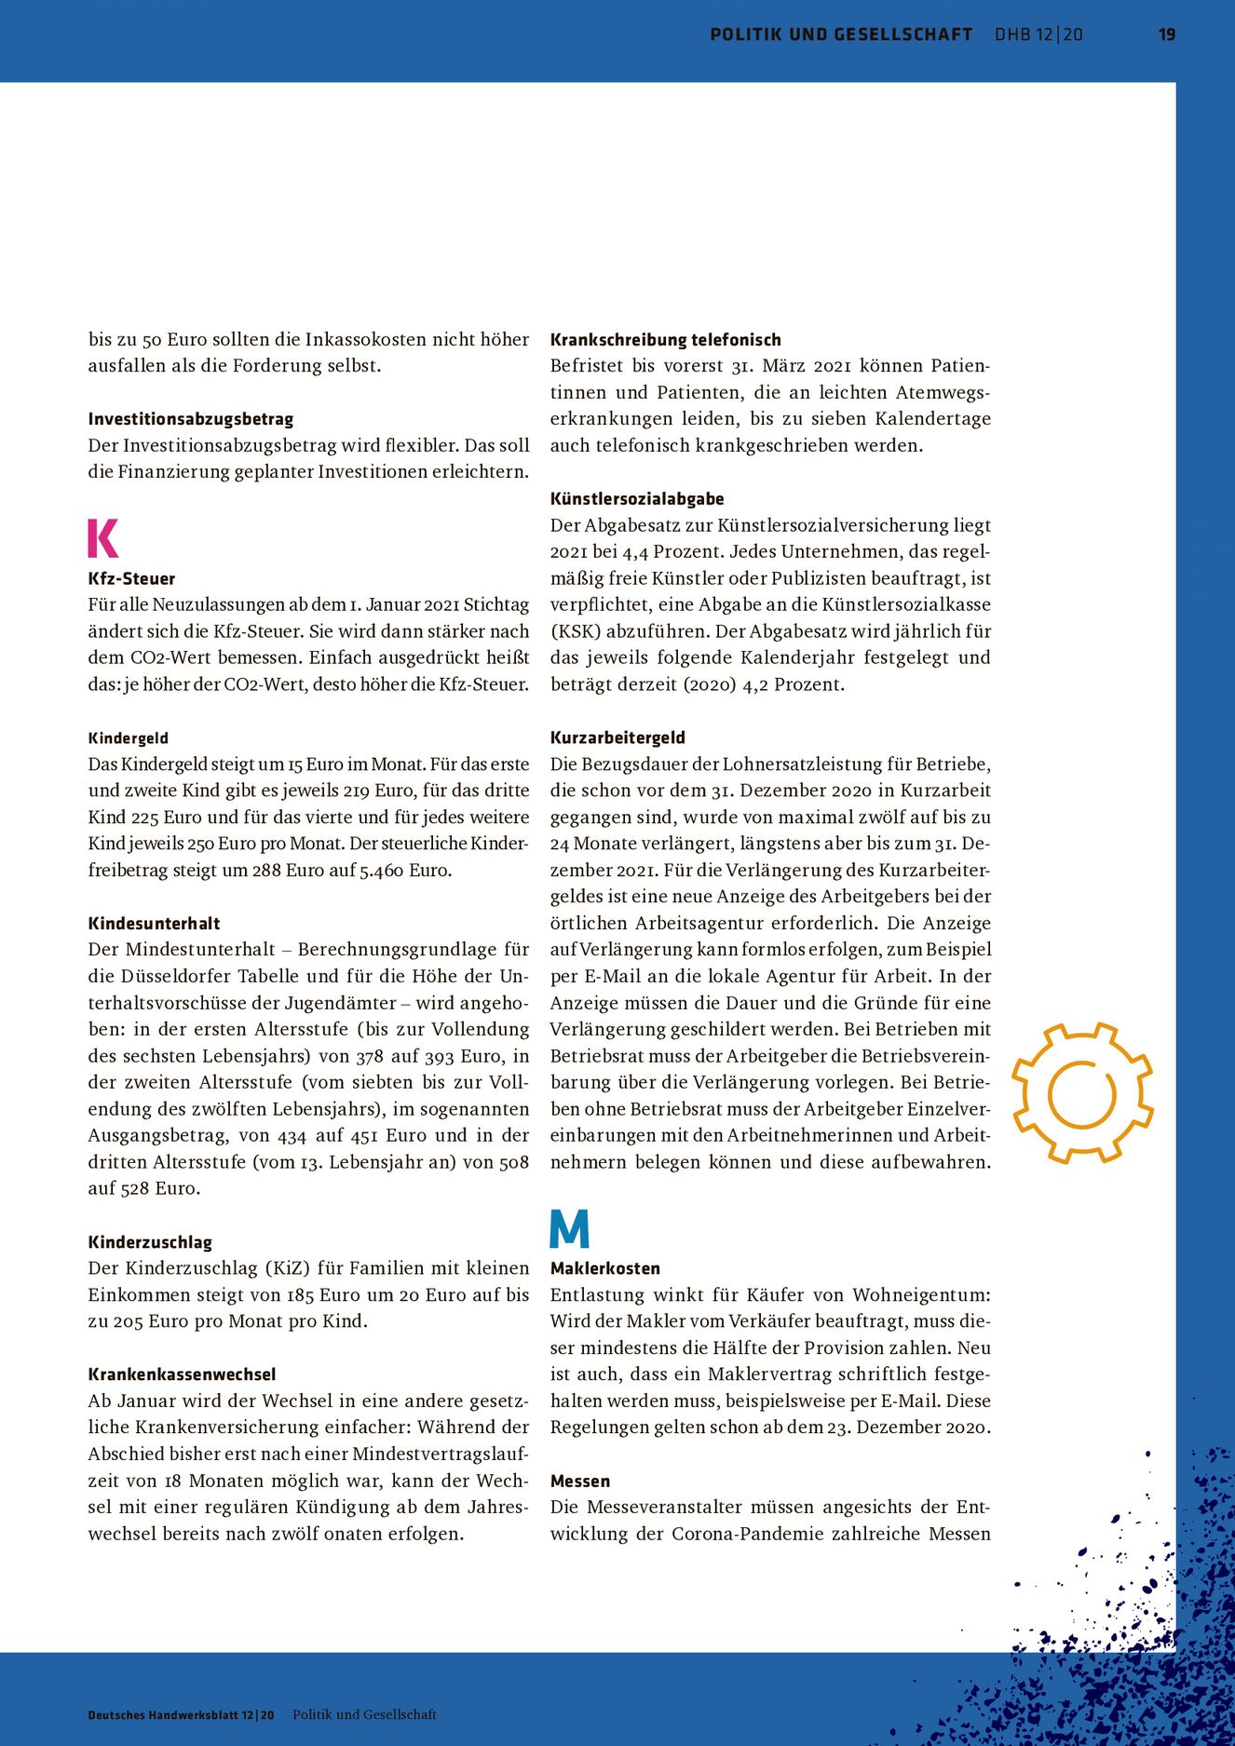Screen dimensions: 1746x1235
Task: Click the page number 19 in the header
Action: (x=1166, y=34)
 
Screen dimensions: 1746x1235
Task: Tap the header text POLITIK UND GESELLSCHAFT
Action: (x=840, y=34)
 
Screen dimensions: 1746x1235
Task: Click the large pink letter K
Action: (x=103, y=537)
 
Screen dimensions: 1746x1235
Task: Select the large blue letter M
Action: (x=569, y=1228)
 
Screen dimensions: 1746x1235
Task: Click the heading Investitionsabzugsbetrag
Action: (x=191, y=419)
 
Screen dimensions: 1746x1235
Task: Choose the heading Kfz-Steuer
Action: (x=131, y=578)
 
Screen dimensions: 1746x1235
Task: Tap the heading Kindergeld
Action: (x=129, y=738)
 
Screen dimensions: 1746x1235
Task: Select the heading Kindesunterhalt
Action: (x=154, y=924)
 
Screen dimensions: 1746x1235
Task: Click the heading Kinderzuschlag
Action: (x=150, y=1242)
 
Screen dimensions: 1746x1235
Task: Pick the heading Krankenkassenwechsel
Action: (x=182, y=1374)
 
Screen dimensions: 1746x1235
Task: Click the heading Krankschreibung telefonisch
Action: (x=665, y=340)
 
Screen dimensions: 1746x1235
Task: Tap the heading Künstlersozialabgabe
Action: (x=637, y=499)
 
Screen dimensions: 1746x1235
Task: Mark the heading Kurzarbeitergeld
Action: (x=617, y=738)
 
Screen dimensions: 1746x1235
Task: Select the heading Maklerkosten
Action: (x=605, y=1268)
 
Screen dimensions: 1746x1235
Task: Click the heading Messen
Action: (x=580, y=1481)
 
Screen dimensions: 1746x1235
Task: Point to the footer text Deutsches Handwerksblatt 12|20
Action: (x=181, y=1715)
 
